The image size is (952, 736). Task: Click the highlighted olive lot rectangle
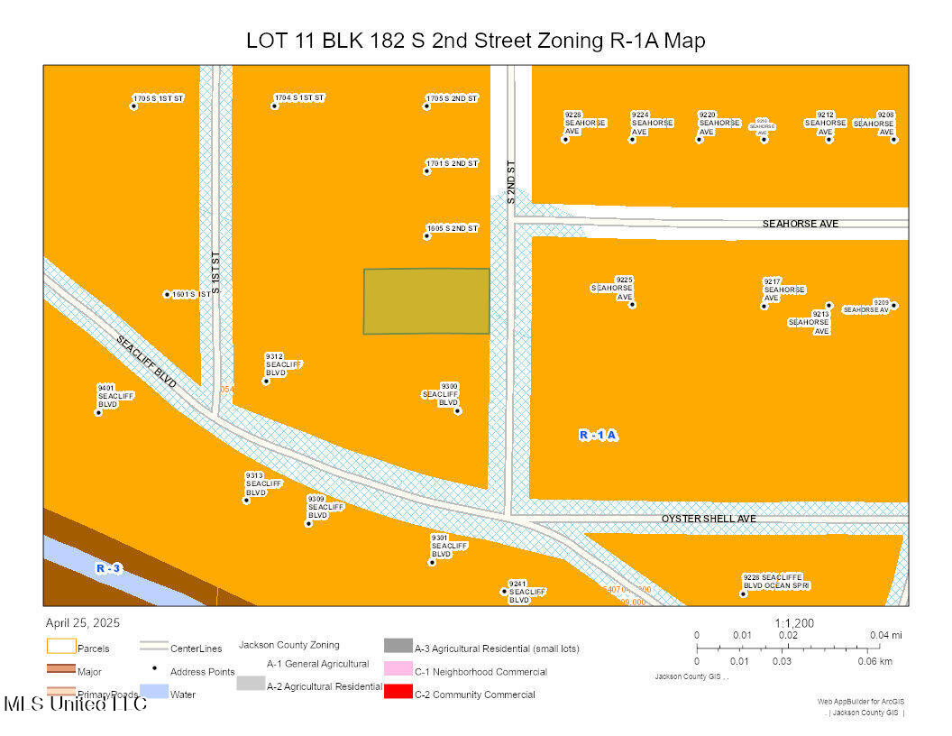pyautogui.click(x=426, y=301)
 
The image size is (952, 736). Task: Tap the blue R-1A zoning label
pyautogui.click(x=598, y=435)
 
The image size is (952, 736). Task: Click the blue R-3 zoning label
pyautogui.click(x=108, y=568)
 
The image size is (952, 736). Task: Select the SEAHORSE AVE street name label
pyautogui.click(x=800, y=223)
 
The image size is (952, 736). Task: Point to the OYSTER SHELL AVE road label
pyautogui.click(x=709, y=519)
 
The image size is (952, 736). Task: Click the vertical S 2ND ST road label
pyautogui.click(x=510, y=181)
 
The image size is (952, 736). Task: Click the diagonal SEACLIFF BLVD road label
pyautogui.click(x=146, y=361)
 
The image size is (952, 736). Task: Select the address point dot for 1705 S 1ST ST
pyautogui.click(x=133, y=106)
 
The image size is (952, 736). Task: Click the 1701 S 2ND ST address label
pyautogui.click(x=453, y=163)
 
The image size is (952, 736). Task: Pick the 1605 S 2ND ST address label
pyautogui.click(x=453, y=228)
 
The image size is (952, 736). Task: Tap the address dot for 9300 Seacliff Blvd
pyautogui.click(x=457, y=411)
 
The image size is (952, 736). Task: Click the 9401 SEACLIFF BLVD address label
pyautogui.click(x=115, y=396)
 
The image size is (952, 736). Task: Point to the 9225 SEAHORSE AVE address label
pyautogui.click(x=613, y=288)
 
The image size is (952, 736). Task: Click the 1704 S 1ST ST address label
pyautogui.click(x=300, y=97)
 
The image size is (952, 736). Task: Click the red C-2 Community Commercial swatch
pyautogui.click(x=398, y=693)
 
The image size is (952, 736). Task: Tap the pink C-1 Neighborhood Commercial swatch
pyautogui.click(x=398, y=669)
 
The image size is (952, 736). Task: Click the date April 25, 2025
pyautogui.click(x=82, y=623)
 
